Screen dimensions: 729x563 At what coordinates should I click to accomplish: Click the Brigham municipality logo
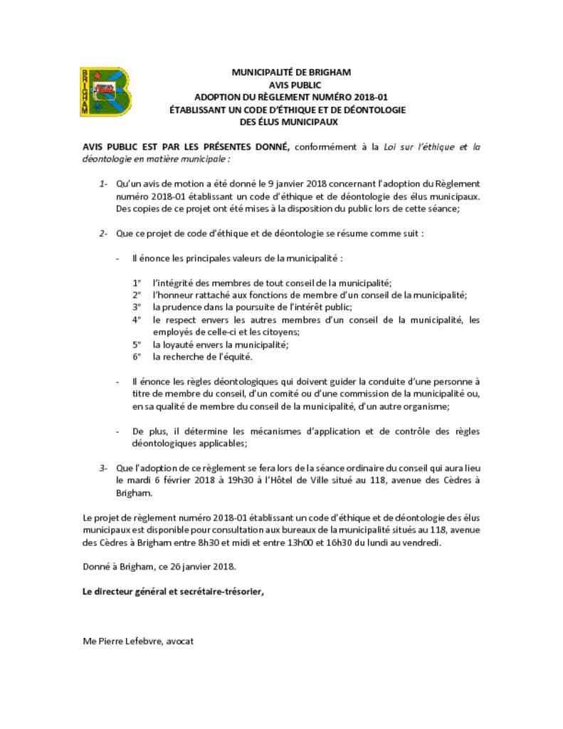[104, 92]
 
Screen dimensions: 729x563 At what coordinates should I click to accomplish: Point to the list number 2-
[103, 233]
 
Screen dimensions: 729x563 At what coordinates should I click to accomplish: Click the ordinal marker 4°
[137, 320]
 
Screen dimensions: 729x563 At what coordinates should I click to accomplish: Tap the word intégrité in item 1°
[174, 282]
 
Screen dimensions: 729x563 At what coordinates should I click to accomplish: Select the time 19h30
[225, 481]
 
